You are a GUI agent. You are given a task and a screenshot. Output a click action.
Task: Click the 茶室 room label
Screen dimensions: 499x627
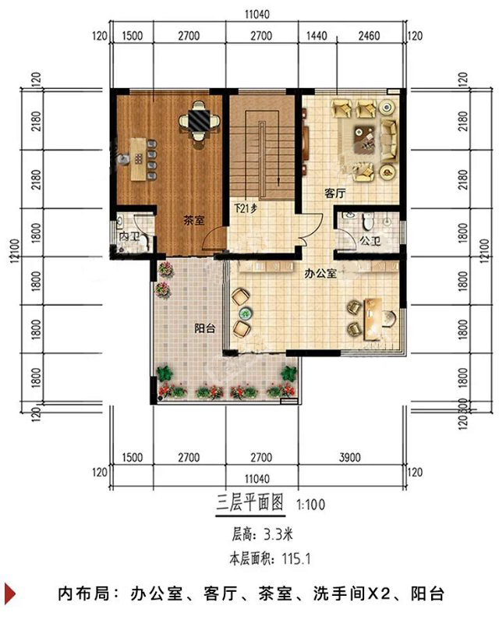194,221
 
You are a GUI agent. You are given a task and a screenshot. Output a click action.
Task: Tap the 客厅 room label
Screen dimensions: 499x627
334,193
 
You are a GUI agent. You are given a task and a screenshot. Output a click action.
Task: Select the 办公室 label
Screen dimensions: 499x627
320,274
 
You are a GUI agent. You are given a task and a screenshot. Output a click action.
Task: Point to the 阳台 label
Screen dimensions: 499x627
205,328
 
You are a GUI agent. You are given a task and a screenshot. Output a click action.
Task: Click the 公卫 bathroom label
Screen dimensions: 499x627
370,241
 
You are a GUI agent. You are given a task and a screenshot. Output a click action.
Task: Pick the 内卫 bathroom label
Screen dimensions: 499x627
129,236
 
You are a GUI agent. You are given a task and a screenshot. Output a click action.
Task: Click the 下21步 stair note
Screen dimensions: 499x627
246,208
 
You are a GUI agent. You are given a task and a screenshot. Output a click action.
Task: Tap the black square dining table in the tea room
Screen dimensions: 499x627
198,121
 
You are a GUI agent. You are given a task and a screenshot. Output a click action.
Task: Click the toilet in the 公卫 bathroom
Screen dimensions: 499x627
367,221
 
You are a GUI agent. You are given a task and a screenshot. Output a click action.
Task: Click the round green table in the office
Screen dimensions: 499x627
245,313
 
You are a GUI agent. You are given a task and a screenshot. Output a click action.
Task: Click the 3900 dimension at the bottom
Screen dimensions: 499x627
350,458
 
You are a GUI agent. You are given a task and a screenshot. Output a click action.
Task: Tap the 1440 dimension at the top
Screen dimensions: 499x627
317,36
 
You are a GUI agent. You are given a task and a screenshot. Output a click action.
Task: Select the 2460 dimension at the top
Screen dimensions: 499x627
369,36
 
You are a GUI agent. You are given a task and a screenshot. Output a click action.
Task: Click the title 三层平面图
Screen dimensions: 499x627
250,503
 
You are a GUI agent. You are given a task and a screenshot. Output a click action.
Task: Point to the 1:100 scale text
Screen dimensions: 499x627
310,505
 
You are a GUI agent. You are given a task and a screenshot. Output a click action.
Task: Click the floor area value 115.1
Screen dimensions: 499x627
296,558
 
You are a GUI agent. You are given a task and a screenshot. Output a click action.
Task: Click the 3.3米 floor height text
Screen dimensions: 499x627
278,534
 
